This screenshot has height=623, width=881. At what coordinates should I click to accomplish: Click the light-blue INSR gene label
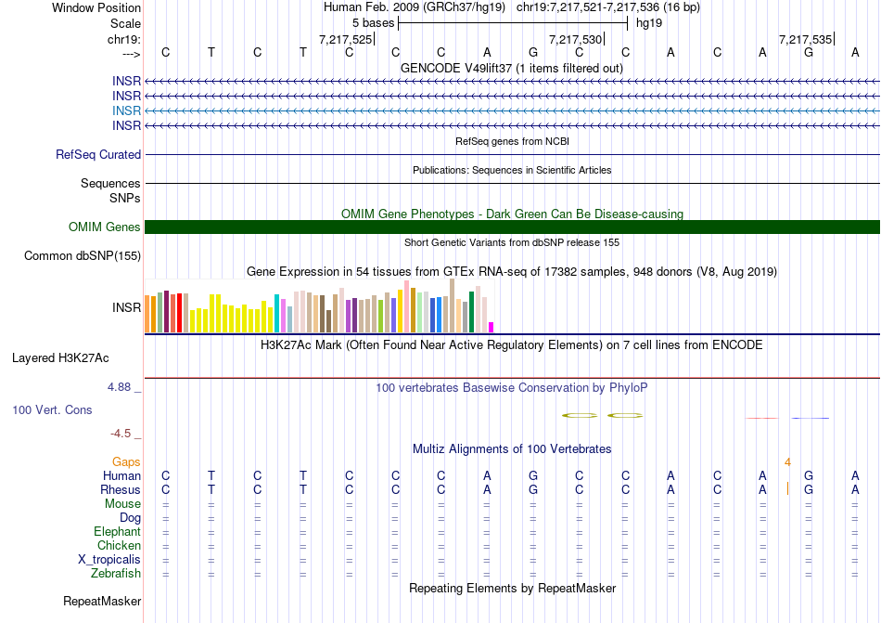point(127,110)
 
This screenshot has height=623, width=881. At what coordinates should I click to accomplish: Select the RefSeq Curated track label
point(98,155)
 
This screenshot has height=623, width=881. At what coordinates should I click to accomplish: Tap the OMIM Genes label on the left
point(105,227)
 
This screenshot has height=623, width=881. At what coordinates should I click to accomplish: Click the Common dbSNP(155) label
point(83,256)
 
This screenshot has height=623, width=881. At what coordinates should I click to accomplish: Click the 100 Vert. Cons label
point(52,409)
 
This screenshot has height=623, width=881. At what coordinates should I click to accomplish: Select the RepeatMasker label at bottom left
point(102,602)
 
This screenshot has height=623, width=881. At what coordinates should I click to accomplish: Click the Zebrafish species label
point(117,574)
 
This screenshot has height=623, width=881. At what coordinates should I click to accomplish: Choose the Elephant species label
point(117,532)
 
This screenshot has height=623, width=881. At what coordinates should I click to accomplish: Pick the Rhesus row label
point(121,490)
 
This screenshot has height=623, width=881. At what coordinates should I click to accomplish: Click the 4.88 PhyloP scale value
point(121,387)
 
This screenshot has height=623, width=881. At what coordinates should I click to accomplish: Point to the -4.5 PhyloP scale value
point(121,433)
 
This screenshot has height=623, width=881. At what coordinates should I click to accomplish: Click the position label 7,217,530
point(576,39)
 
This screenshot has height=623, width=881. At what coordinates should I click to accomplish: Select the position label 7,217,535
point(806,39)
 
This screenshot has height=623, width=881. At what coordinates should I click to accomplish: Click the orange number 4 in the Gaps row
point(787,461)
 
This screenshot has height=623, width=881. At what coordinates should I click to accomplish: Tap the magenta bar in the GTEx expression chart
point(492,327)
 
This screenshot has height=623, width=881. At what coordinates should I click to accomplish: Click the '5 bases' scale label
point(374,22)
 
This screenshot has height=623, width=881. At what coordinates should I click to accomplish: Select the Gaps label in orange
point(126,461)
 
